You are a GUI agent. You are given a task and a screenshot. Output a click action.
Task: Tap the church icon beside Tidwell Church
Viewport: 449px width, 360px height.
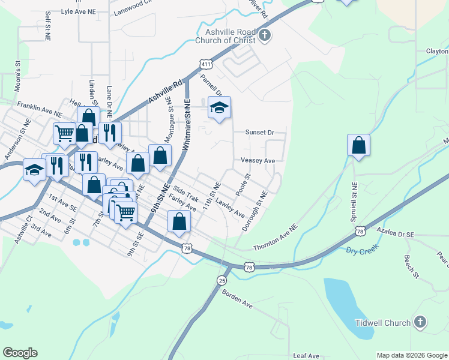(420, 323)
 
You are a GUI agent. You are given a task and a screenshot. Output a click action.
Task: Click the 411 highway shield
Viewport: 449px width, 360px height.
(206, 64)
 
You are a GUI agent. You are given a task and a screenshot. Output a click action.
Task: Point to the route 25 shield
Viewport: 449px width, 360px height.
(222, 280)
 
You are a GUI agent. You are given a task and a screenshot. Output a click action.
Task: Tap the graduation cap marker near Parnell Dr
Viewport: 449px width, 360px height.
(219, 109)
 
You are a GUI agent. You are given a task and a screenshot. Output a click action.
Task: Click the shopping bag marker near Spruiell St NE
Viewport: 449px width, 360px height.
(358, 146)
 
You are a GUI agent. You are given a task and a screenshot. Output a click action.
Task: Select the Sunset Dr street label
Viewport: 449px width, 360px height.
(259, 132)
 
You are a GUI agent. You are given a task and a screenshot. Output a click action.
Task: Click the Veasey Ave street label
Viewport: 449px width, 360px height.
(258, 161)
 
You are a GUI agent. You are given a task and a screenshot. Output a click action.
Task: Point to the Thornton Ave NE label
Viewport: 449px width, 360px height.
(276, 238)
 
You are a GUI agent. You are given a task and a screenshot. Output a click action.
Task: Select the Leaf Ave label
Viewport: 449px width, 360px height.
(306, 356)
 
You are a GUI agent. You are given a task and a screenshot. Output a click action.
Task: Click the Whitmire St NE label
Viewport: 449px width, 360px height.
(187, 124)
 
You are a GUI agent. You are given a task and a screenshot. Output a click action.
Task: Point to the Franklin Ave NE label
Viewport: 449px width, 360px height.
(40, 109)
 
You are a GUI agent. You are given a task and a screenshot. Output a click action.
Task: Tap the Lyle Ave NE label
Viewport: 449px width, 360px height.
(78, 11)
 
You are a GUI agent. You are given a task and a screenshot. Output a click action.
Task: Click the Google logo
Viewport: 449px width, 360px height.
(20, 353)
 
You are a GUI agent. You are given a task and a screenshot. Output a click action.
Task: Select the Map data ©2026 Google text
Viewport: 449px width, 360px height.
(411, 355)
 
